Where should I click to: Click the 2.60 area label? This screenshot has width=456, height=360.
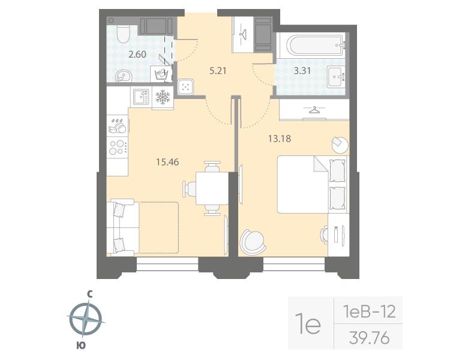(137, 55)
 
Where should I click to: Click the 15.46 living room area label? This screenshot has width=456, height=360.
(167, 161)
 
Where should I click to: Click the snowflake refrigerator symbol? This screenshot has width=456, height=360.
(163, 97)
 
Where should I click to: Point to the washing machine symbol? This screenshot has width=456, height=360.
(161, 74)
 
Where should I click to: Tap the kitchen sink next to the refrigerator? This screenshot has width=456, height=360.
(140, 96)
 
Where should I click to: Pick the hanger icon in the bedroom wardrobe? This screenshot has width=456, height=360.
(314, 109)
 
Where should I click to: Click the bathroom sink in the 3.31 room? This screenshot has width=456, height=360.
(336, 75)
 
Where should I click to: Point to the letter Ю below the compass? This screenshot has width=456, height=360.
(80, 345)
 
